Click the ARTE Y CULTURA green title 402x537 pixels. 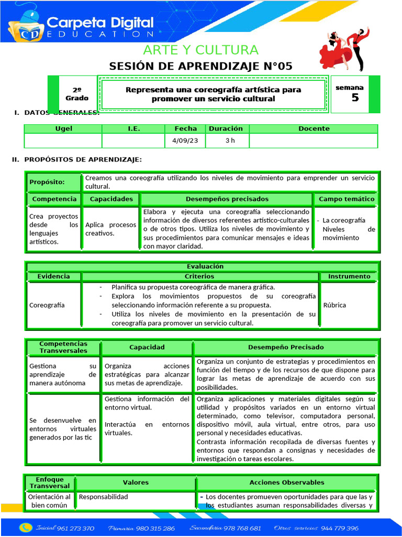point(201,50)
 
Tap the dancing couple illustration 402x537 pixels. point(345,48)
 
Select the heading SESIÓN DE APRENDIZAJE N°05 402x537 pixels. point(201,66)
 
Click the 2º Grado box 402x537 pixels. point(77,94)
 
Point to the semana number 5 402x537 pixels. point(355,98)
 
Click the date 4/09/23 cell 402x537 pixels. point(185,141)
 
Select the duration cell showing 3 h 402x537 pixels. point(227,141)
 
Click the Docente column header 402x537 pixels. point(314,128)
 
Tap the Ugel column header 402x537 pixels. point(63,128)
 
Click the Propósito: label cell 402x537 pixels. point(54,182)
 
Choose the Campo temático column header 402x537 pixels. point(347,199)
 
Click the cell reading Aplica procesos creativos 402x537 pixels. point(110,229)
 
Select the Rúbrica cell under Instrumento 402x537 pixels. point(334,305)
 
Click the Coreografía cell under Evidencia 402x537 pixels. point(47,305)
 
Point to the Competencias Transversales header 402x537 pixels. point(63,347)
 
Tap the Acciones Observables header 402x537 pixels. point(286,482)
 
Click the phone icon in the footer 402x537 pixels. point(25,528)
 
